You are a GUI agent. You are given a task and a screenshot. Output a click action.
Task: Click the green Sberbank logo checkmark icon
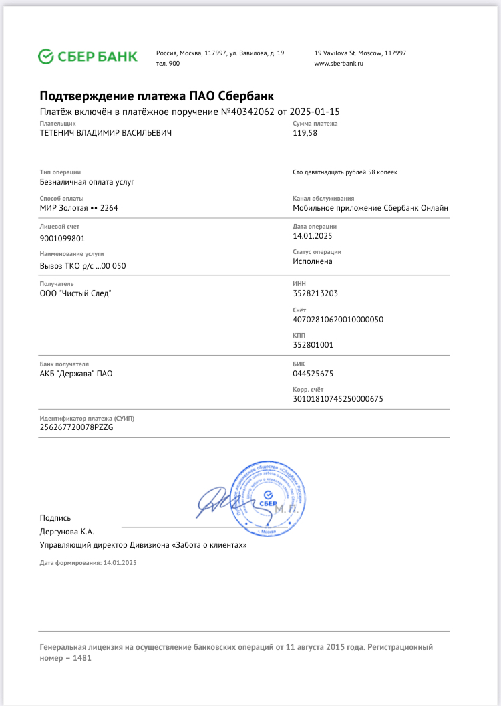(46, 56)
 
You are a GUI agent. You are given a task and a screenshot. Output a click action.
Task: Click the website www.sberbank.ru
(338, 63)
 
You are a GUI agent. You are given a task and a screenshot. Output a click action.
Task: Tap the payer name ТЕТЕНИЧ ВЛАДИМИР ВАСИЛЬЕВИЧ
(106, 133)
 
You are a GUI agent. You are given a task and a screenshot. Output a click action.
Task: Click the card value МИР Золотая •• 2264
(79, 208)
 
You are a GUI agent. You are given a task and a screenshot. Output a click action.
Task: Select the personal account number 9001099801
(63, 238)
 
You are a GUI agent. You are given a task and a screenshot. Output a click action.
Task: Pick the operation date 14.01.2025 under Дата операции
(313, 236)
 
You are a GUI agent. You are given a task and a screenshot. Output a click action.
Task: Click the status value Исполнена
(313, 261)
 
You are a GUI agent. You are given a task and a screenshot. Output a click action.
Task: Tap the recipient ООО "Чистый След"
(75, 293)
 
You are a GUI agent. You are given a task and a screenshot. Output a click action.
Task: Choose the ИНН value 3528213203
(315, 293)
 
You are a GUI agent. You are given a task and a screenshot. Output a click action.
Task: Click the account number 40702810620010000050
(338, 320)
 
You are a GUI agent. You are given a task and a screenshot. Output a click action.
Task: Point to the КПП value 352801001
(313, 345)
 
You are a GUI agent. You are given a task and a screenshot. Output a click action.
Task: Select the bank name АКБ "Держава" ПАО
(76, 373)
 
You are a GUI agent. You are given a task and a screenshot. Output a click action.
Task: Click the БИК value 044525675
(313, 373)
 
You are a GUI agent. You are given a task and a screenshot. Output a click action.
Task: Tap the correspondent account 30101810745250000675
(338, 399)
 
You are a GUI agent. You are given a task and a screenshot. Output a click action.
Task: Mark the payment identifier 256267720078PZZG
(77, 427)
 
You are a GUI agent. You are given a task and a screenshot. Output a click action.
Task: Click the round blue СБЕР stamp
(269, 495)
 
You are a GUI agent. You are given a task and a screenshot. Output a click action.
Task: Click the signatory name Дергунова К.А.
(67, 532)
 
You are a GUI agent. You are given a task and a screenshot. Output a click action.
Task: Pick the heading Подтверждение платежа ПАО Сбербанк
(157, 96)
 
